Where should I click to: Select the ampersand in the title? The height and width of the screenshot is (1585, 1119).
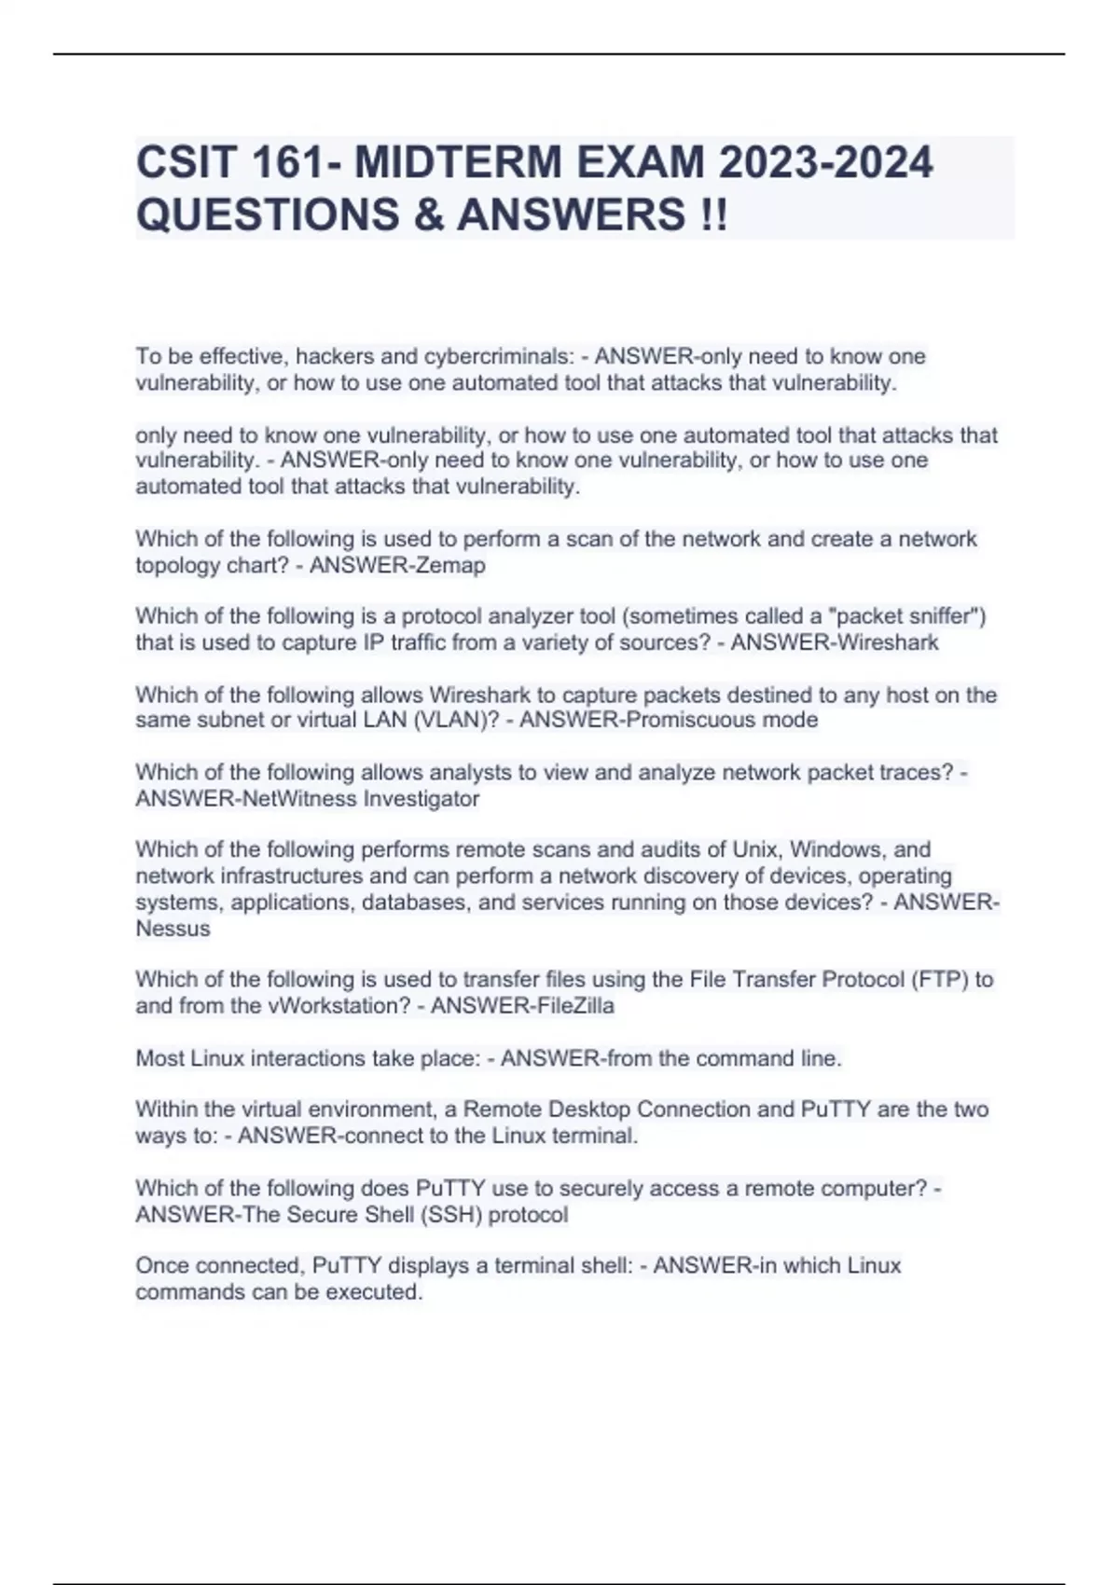424,215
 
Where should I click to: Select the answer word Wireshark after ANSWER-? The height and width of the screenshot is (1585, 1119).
887,642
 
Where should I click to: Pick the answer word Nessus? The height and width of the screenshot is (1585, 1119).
173,929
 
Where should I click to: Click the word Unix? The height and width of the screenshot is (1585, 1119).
754,849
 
